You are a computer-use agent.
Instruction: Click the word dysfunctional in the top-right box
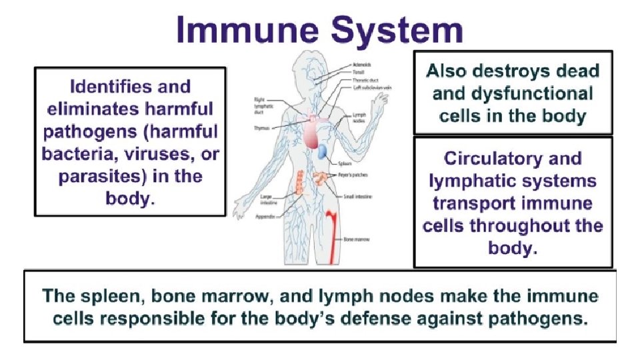[x=513, y=93]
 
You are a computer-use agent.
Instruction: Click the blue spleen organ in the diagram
[x=323, y=153]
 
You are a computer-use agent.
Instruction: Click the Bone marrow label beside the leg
[x=357, y=238]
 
